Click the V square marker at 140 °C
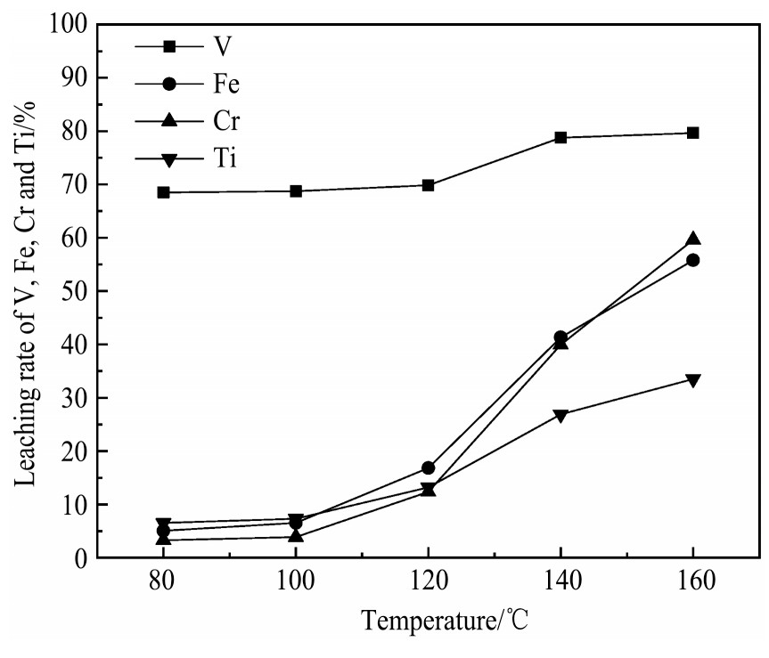point(560,138)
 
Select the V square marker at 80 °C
point(163,192)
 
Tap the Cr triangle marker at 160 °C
point(692,239)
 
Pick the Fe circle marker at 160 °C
point(692,260)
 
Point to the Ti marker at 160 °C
point(692,380)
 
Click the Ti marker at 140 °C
point(560,416)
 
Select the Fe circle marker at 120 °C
point(428,467)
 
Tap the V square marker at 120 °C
point(428,185)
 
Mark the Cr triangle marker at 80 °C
point(163,539)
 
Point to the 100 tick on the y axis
point(68,25)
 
